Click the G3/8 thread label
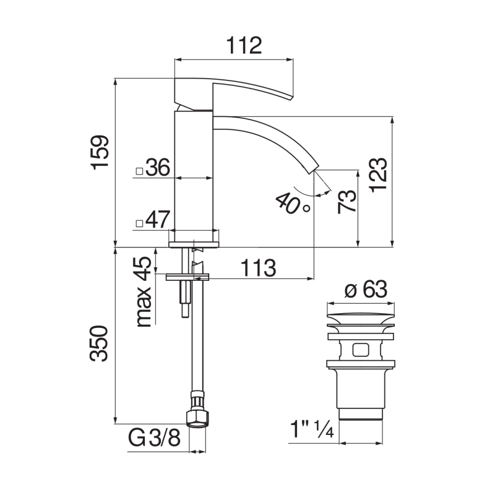point(154,439)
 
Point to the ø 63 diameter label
point(364,290)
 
